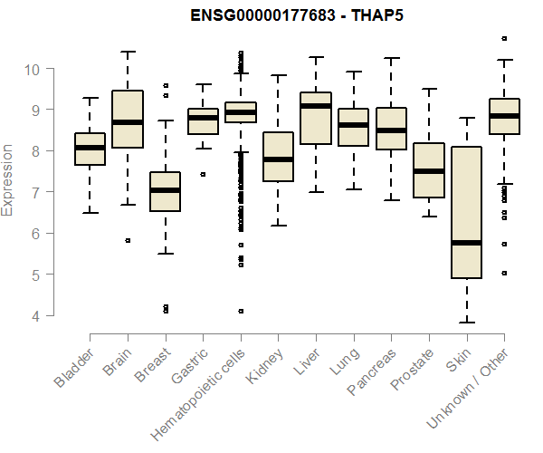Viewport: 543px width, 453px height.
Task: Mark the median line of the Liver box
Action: [x=315, y=106]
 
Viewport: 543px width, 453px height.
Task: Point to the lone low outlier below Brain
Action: [x=128, y=240]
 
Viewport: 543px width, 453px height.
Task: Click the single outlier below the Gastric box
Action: [x=203, y=174]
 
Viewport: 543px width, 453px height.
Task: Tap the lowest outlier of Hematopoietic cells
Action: [x=240, y=311]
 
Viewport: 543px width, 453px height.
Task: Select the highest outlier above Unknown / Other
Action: [x=503, y=38]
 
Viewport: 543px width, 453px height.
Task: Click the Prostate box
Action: [x=428, y=170]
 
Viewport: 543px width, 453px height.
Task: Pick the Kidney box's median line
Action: [x=278, y=159]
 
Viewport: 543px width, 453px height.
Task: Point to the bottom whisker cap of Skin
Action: [x=466, y=322]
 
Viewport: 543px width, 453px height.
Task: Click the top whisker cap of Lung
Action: [x=353, y=72]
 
